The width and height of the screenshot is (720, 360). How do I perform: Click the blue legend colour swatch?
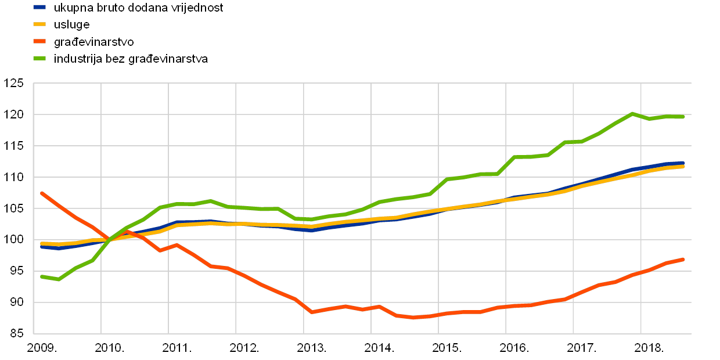tap(39, 8)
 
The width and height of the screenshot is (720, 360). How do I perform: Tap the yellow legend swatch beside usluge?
tap(39, 24)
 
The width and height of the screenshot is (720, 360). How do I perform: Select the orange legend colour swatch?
tap(39, 41)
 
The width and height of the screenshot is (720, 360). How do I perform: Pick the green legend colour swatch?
tap(39, 58)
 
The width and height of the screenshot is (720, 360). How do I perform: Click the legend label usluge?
tap(71, 25)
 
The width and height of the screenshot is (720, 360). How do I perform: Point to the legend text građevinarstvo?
tap(93, 42)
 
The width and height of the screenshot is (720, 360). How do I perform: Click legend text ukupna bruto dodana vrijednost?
tap(138, 8)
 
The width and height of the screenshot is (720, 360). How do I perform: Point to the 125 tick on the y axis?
tap(13, 83)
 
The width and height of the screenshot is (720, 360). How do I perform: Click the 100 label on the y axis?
tap(13, 239)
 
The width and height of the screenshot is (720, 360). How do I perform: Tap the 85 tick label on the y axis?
tap(16, 333)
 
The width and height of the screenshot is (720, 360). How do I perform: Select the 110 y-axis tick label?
tap(13, 177)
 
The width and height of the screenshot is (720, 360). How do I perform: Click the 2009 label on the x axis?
tap(40, 347)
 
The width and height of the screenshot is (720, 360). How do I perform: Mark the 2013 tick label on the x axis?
tap(310, 347)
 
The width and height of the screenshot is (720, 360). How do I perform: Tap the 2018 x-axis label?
tap(647, 347)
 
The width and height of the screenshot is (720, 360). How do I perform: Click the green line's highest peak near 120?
tap(632, 113)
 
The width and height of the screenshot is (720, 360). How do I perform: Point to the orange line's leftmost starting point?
tap(42, 193)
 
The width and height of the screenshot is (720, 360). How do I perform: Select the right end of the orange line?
tap(683, 259)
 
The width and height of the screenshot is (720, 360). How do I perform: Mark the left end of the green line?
tap(42, 276)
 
